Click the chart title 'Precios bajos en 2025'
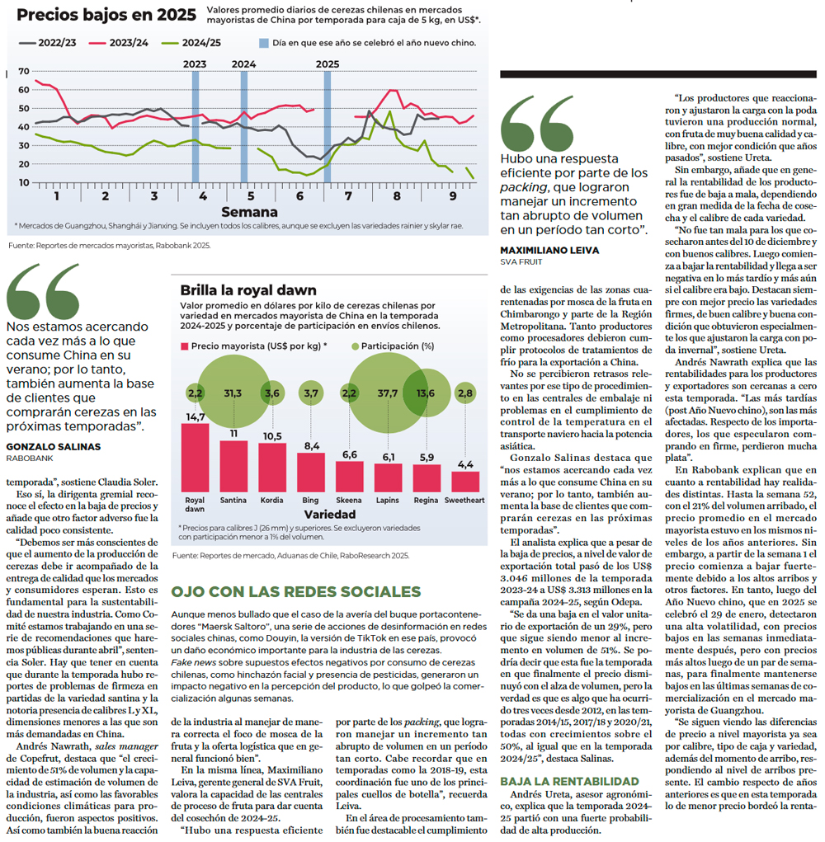tap(106, 15)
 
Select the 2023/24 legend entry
tap(119, 43)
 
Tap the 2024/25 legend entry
tap(191, 43)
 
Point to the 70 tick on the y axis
tap(24, 71)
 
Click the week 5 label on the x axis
tap(251, 196)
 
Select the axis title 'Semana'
tap(249, 212)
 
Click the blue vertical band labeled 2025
tap(327, 127)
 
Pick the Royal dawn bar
tap(195, 458)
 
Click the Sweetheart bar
tap(465, 482)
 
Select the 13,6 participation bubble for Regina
tap(427, 393)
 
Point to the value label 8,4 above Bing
tap(312, 445)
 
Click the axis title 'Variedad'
tap(330, 515)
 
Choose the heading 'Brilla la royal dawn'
tap(248, 290)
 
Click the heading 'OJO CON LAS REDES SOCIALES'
tap(296, 592)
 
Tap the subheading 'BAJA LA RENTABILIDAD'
tap(569, 781)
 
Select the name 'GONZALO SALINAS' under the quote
tap(53, 447)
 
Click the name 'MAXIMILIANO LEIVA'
tap(549, 250)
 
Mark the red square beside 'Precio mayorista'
tap(184, 346)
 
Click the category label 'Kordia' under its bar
tap(271, 500)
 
